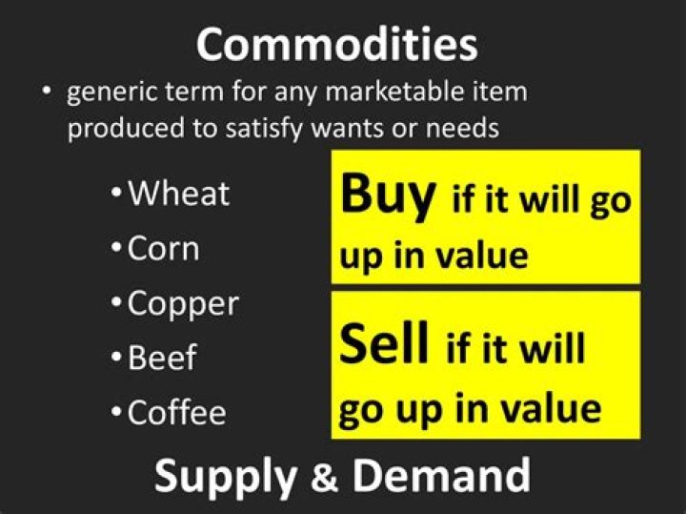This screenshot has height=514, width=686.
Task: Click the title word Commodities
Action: point(337,44)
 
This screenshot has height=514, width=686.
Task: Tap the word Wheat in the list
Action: point(178,193)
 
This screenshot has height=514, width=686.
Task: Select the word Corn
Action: point(163,248)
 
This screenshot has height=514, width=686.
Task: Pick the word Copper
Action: point(183,305)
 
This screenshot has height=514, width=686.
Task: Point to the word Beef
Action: point(162,358)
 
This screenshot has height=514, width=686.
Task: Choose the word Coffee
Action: point(177,411)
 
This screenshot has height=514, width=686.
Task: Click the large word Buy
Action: point(388,195)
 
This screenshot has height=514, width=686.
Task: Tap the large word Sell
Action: point(383,342)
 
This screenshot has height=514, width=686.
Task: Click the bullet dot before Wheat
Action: point(116,193)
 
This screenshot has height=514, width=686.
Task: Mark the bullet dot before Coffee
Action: point(116,412)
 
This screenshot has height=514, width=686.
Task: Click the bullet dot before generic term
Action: point(47,92)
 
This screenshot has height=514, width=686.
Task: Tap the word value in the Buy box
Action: point(482,256)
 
